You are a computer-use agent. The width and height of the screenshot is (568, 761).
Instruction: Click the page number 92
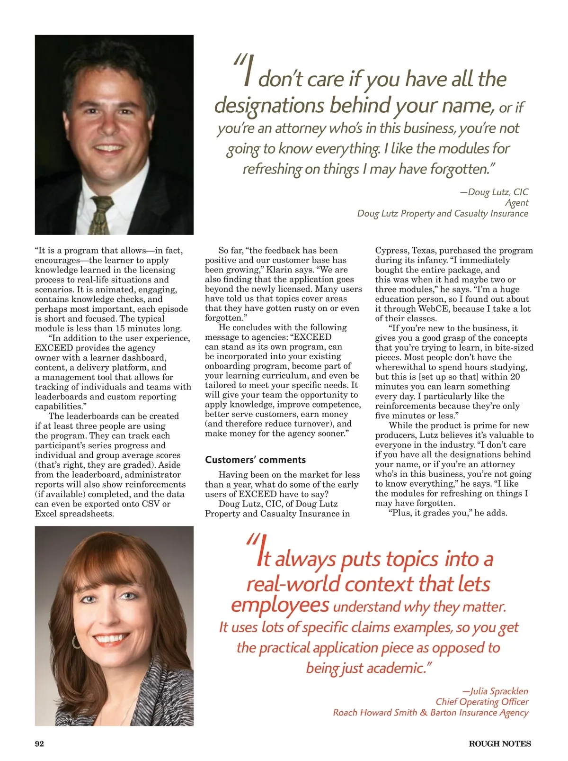(39, 743)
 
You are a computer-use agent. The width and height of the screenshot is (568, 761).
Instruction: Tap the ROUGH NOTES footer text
(499, 743)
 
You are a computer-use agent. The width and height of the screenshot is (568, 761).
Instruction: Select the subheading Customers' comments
(255, 460)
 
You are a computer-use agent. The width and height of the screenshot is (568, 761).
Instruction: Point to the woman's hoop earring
(76, 642)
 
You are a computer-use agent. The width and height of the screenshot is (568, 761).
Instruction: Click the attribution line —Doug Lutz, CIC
(494, 192)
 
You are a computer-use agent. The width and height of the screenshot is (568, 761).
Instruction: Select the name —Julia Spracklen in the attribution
(495, 691)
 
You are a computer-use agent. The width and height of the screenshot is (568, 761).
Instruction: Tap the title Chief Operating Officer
(482, 702)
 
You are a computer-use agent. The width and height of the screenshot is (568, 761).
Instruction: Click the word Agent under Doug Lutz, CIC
(516, 203)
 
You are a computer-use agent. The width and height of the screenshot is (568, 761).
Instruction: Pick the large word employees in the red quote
(280, 605)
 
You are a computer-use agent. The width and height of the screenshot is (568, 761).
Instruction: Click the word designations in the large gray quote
(269, 105)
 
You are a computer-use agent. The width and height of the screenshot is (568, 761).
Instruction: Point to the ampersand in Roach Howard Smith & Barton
(424, 712)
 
